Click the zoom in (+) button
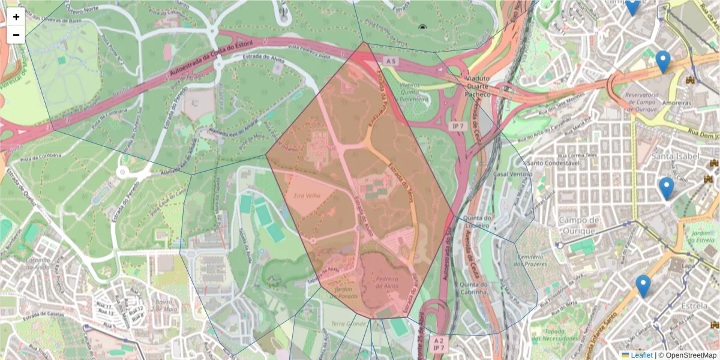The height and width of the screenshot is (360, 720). coord(16,17)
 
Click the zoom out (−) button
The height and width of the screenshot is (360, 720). coord(16,35)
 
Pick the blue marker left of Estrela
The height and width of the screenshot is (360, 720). coord(643,286)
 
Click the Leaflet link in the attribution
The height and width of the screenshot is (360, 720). coord(641,355)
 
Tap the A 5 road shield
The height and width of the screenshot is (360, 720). coord(391,61)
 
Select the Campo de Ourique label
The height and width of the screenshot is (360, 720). coord(578,225)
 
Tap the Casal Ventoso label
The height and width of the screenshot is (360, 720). coord(512,174)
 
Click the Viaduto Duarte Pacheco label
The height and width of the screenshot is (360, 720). coord(478,86)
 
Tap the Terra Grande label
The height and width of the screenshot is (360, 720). coord(348,324)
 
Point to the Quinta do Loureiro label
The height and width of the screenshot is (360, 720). coord(478,221)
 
